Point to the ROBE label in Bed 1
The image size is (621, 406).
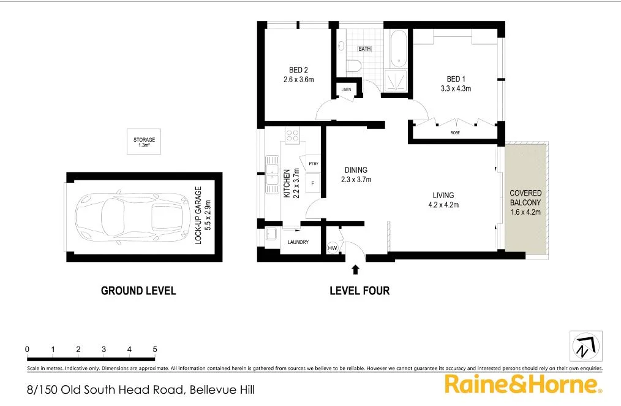[x=454, y=132]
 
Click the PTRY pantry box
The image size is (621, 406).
[x=314, y=163]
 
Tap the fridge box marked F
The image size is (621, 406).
[x=313, y=183]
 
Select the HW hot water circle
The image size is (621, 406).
[x=333, y=248]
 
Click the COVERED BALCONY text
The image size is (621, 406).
[x=525, y=197]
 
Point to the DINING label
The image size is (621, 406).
[x=356, y=170]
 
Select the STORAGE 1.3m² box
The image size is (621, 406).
[x=144, y=142]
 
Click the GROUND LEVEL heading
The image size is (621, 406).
[x=138, y=291]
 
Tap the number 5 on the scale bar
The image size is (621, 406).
[x=155, y=349]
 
